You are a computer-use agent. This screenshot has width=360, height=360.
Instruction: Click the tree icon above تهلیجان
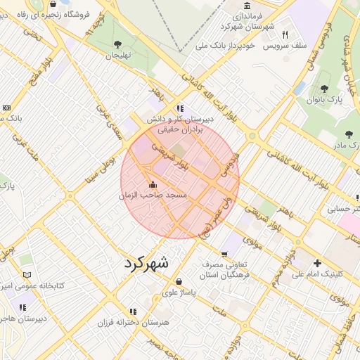[117, 45]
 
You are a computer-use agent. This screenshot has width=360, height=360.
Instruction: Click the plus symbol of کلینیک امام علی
[316, 263]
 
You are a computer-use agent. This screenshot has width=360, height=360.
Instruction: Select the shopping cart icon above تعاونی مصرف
[224, 254]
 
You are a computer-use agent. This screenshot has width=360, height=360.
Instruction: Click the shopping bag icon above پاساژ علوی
[179, 281]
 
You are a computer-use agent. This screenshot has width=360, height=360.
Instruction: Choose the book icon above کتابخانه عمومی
[27, 275]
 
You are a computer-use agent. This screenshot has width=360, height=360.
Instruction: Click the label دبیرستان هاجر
[22, 318]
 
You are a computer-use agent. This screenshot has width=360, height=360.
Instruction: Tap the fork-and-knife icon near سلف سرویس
[285, 34]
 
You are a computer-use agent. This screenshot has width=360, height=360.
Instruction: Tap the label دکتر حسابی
[345, 209]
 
